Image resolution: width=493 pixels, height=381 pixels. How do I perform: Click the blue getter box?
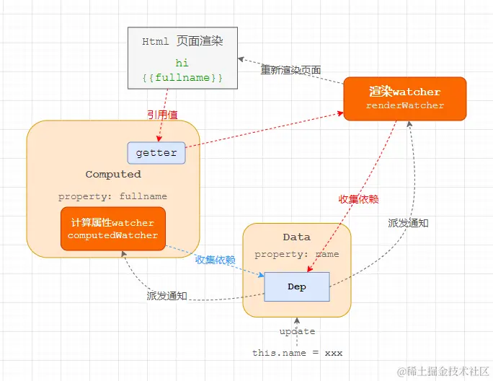[156, 153]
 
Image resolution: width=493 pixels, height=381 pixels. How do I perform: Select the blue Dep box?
[296, 286]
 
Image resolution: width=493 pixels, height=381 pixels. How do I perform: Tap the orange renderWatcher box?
[405, 99]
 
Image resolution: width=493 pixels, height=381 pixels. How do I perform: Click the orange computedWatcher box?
[112, 229]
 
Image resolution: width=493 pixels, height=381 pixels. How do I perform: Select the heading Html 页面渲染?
[182, 41]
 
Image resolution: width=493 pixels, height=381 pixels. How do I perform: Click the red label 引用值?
[161, 114]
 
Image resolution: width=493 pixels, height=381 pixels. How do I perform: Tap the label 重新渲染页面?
[290, 70]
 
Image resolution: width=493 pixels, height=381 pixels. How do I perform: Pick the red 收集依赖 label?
[358, 198]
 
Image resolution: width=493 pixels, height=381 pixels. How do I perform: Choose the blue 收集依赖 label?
[215, 260]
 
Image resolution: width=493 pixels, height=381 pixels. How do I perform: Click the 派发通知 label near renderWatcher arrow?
[408, 223]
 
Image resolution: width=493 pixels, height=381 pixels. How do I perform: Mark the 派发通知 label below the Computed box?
[166, 295]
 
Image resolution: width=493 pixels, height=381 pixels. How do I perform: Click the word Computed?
[113, 174]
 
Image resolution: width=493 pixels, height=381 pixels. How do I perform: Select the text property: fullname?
[112, 196]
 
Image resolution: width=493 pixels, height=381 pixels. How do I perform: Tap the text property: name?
[296, 254]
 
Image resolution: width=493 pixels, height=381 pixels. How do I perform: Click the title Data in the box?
[296, 237]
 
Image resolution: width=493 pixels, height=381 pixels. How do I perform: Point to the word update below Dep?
[297, 331]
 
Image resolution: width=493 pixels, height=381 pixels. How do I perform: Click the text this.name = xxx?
[297, 353]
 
